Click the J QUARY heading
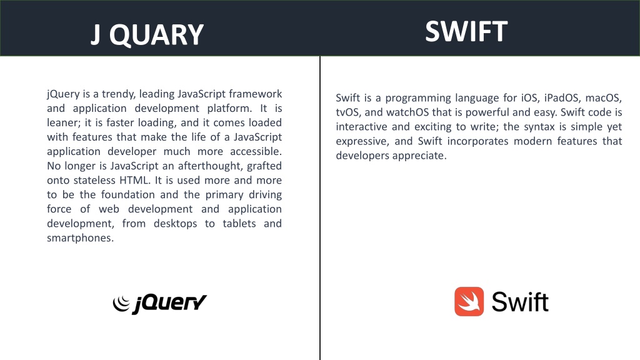click(147, 35)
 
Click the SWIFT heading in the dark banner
click(466, 31)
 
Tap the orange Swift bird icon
click(469, 302)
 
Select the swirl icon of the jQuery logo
click(121, 303)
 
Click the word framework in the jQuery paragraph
click(256, 94)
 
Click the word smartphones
click(80, 238)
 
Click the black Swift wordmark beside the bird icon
click(520, 302)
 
